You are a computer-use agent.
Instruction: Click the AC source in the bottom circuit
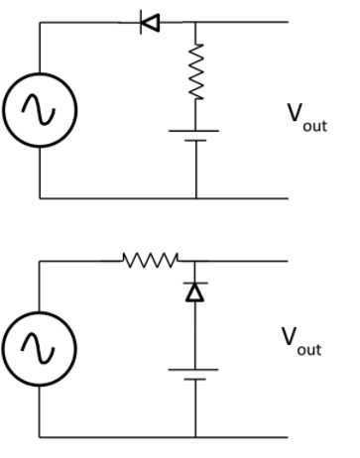coord(40,348)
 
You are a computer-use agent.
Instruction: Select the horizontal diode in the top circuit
coord(151,23)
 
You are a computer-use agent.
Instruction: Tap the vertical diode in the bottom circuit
coord(195,292)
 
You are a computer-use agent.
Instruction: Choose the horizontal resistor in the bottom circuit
coord(150,261)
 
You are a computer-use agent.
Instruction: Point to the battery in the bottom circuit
coord(195,374)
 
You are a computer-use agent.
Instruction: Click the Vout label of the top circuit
coord(306,118)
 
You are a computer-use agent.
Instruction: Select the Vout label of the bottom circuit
coord(301,343)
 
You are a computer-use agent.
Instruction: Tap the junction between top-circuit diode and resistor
coord(195,23)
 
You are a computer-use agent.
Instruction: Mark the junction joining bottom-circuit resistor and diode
coord(195,261)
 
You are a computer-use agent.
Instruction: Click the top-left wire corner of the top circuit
coord(40,23)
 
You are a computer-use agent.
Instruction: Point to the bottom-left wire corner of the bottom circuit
coord(40,436)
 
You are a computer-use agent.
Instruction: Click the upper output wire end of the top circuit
coord(288,23)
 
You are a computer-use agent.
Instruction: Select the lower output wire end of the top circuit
coord(288,197)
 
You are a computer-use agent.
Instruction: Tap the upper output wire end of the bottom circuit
coord(288,261)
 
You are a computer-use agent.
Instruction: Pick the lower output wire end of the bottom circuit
coord(288,436)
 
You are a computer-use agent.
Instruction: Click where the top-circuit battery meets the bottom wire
coord(195,197)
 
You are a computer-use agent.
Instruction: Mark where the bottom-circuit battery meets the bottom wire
coord(195,436)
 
